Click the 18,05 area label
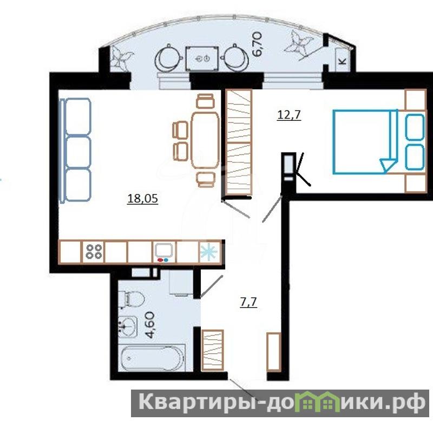point(142,198)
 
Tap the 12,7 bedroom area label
point(289,114)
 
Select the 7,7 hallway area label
point(248,302)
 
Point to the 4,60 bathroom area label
point(151,325)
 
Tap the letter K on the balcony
point(343,61)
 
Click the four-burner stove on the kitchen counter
point(93,251)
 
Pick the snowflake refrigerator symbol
point(209,252)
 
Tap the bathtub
point(152,358)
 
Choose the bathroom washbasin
point(128,326)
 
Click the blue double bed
point(365,141)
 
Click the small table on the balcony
point(202,59)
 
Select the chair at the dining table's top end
point(206,101)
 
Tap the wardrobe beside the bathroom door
point(212,350)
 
